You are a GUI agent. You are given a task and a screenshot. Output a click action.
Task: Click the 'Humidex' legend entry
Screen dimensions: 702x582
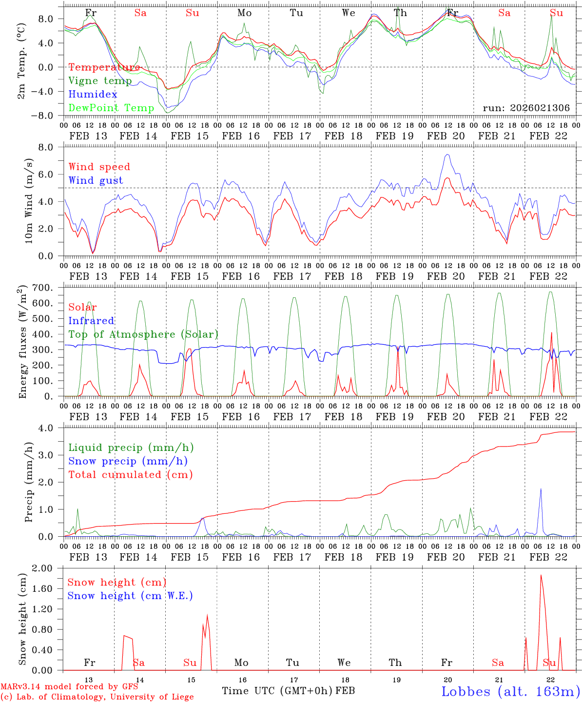click(x=93, y=95)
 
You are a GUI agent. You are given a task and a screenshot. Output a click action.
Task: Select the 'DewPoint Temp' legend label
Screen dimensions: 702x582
click(x=111, y=108)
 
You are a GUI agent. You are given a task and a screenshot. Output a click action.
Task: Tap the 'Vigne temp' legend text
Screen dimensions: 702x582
click(x=100, y=81)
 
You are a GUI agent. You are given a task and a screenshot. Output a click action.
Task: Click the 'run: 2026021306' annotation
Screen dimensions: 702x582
click(x=526, y=108)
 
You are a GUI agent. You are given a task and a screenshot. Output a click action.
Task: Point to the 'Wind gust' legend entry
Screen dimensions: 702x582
click(x=96, y=180)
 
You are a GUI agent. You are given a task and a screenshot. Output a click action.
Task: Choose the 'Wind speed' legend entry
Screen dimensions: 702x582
click(x=99, y=167)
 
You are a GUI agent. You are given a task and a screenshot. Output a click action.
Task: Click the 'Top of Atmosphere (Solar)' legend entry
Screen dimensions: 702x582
click(x=143, y=334)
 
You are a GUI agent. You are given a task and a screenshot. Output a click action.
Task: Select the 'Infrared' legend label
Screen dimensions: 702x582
click(x=91, y=321)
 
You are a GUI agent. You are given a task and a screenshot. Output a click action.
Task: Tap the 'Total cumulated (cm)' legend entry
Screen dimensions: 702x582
click(x=131, y=474)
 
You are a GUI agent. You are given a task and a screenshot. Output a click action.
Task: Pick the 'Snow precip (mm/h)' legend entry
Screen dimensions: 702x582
click(x=128, y=461)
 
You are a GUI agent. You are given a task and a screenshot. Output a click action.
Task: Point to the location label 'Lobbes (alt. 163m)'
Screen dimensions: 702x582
click(x=510, y=691)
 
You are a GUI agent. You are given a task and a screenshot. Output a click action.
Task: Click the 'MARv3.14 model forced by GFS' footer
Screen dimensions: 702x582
click(x=69, y=687)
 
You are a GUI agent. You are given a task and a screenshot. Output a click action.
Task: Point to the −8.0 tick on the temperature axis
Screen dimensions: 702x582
click(x=49, y=116)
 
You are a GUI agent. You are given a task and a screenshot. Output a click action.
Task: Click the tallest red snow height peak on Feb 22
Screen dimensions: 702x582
click(x=541, y=575)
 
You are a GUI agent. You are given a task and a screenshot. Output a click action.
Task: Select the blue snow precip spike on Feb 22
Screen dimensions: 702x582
click(x=540, y=489)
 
